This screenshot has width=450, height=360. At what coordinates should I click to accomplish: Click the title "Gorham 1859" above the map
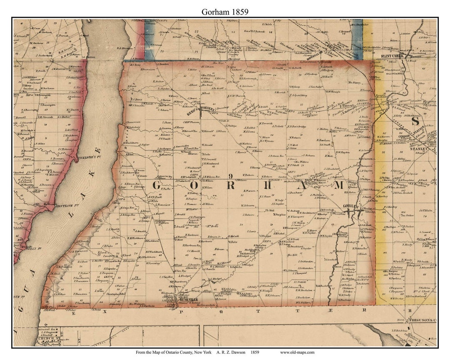(x=225, y=12)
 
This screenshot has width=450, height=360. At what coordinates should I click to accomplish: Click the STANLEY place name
(x=418, y=148)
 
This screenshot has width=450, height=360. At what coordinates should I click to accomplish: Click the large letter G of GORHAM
(x=158, y=186)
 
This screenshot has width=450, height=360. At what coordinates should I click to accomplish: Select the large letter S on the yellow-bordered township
(x=414, y=121)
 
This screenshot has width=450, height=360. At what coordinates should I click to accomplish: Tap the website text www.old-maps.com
(x=297, y=352)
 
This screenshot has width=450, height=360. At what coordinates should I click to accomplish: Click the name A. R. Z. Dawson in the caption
(x=232, y=352)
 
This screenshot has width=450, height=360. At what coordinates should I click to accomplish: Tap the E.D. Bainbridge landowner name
(x=297, y=126)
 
